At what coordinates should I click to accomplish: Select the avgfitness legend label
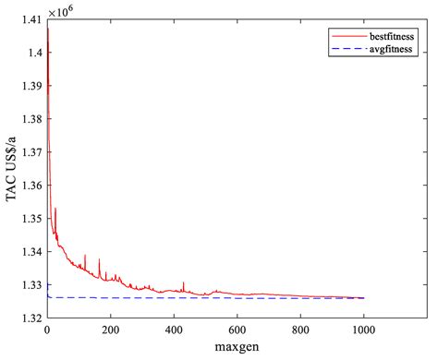pyautogui.click(x=390, y=50)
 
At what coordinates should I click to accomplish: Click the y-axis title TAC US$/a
pyautogui.click(x=11, y=170)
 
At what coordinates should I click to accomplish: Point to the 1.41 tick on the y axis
pyautogui.click(x=30, y=19)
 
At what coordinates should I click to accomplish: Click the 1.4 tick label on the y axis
pyautogui.click(x=34, y=53)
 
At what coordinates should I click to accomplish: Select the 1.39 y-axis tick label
pyautogui.click(x=30, y=86)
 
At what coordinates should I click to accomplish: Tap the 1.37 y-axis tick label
pyautogui.click(x=30, y=152)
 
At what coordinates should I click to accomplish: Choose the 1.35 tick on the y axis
pyautogui.click(x=30, y=219)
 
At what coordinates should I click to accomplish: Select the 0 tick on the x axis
pyautogui.click(x=47, y=330)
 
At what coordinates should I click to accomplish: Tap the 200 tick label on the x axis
pyautogui.click(x=110, y=330)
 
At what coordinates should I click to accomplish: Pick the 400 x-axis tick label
pyautogui.click(x=174, y=330)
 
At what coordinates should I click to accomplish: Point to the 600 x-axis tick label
pyautogui.click(x=237, y=330)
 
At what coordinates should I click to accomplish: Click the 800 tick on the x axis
pyautogui.click(x=300, y=330)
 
